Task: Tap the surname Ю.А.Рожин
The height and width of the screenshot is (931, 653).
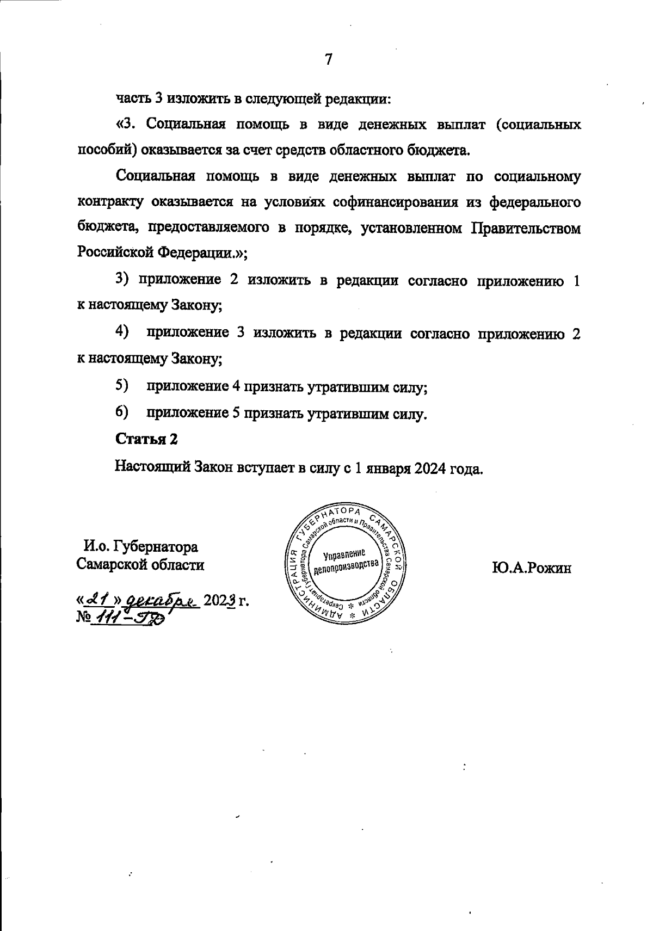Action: pos(532,569)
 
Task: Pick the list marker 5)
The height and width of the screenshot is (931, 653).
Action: pos(121,386)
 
